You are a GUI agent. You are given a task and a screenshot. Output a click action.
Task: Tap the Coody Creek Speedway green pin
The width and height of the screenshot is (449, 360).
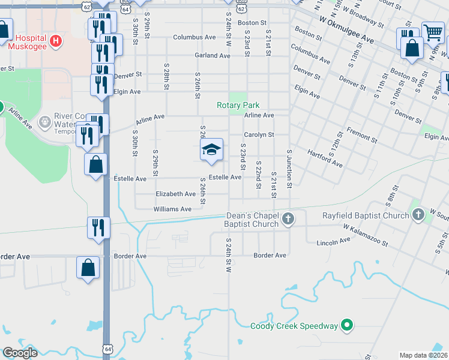[x=346, y=326]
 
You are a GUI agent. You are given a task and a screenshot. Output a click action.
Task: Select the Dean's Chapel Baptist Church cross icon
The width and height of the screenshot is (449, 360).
[x=288, y=218]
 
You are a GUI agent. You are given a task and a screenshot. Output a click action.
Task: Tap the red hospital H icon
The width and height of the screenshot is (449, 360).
[x=55, y=41]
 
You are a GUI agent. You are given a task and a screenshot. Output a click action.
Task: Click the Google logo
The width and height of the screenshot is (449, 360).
[x=19, y=353]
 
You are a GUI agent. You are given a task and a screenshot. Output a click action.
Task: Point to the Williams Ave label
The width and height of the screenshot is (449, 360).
[x=172, y=209]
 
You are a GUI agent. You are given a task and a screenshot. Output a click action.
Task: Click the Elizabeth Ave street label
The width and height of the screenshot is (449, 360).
[x=175, y=194]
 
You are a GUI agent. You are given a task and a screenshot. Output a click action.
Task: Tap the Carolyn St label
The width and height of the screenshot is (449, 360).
[x=259, y=135]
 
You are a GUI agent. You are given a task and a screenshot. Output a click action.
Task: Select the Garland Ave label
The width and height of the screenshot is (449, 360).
[x=212, y=56]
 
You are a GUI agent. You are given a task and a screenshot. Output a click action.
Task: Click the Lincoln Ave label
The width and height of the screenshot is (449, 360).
[x=336, y=241]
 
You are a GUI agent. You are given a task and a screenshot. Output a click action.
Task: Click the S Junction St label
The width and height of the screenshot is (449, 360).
[x=289, y=169]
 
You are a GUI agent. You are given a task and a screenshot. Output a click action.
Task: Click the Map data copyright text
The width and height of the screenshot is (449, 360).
[x=423, y=355]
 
